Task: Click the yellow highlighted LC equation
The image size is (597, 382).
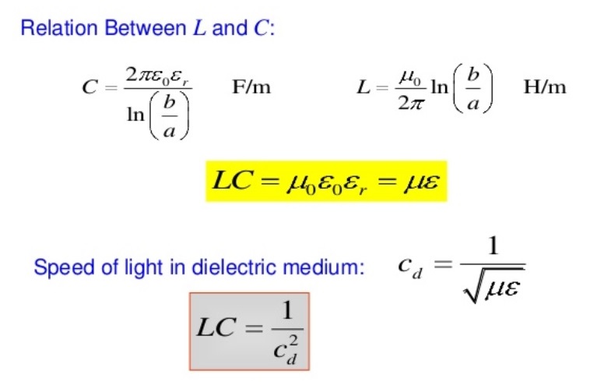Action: (326, 182)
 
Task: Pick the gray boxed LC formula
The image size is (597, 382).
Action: (249, 331)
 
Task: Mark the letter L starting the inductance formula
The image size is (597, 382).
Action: (363, 87)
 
